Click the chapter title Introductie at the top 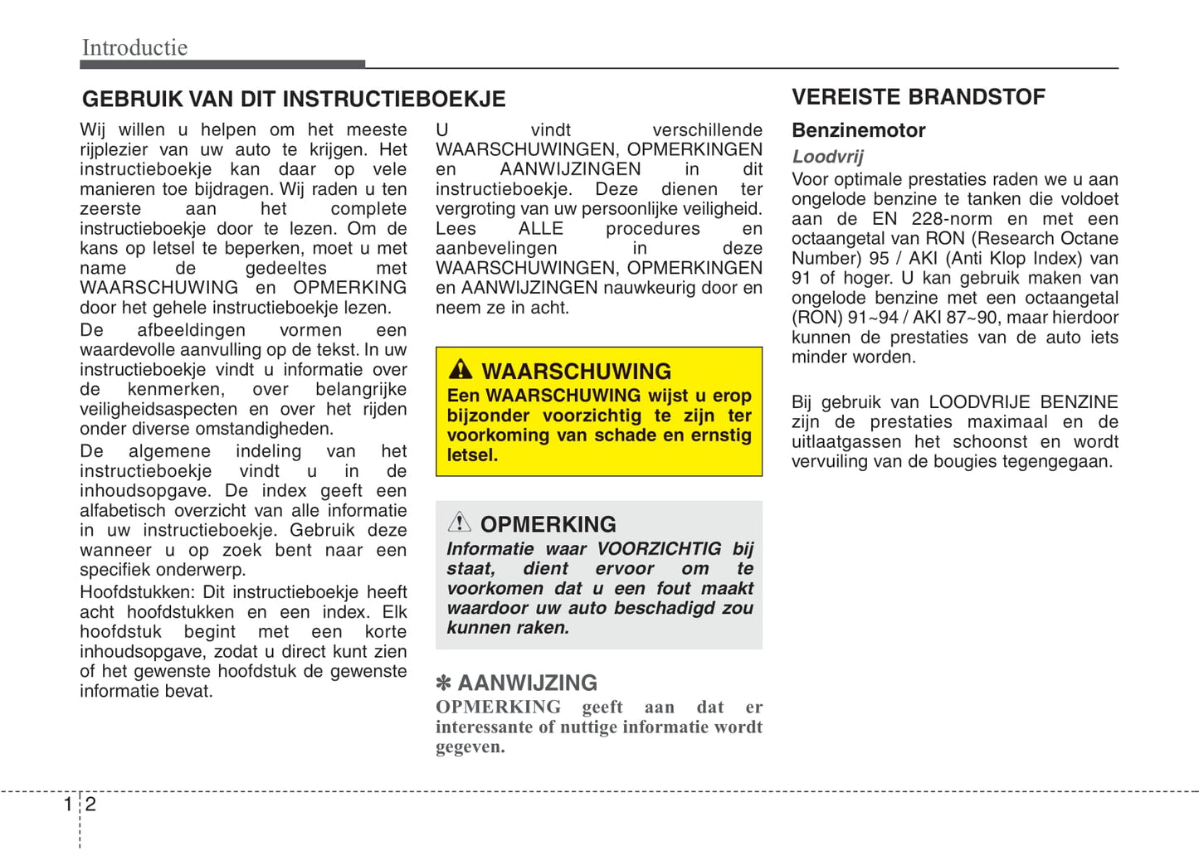[x=134, y=47]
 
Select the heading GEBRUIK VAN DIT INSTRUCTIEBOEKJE [x=294, y=100]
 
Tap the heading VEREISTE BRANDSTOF [x=918, y=97]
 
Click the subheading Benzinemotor [x=858, y=130]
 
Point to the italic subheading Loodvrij [x=827, y=157]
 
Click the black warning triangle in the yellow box [x=460, y=369]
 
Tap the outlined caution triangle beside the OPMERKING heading [x=459, y=523]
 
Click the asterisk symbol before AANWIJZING [x=444, y=683]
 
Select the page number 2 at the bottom [x=90, y=804]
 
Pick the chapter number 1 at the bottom [x=68, y=804]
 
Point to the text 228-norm [x=951, y=219]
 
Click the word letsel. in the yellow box [x=472, y=455]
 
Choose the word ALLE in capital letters [x=540, y=229]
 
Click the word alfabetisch [x=124, y=511]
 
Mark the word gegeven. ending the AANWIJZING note [x=470, y=747]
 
